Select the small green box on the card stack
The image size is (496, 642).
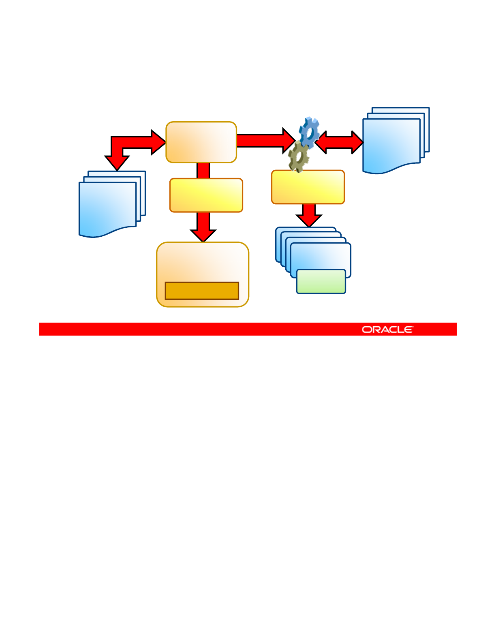pyautogui.click(x=321, y=281)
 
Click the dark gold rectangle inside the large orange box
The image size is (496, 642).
pyautogui.click(x=202, y=291)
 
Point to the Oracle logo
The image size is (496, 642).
pyautogui.click(x=387, y=330)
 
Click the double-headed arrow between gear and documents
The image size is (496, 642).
pyautogui.click(x=339, y=142)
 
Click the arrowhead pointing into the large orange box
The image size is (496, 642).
pyautogui.click(x=203, y=235)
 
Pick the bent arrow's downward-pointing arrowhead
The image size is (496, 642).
pyautogui.click(x=117, y=162)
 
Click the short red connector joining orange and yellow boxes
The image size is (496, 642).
pyautogui.click(x=203, y=171)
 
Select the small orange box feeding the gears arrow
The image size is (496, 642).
pyautogui.click(x=201, y=142)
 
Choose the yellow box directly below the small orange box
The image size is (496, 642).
pyautogui.click(x=206, y=195)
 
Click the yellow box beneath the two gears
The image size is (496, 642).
pyautogui.click(x=308, y=187)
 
